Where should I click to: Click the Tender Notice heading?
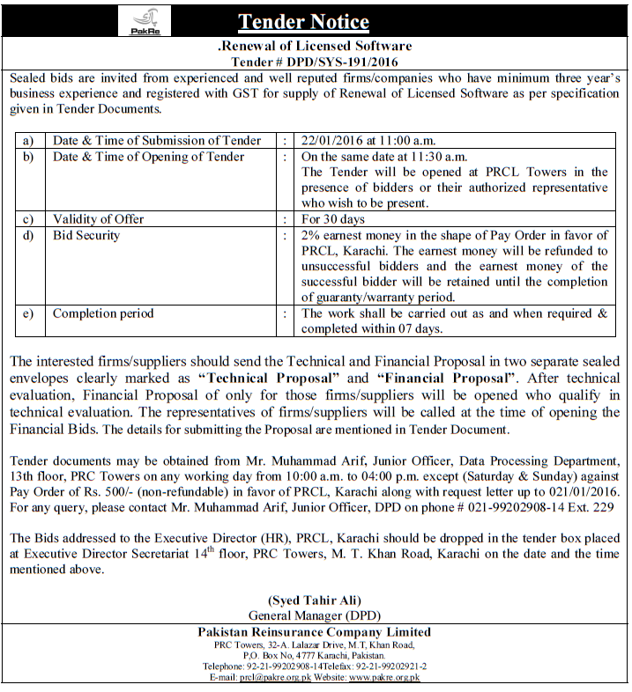pyautogui.click(x=302, y=21)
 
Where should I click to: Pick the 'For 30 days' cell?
pyautogui.click(x=333, y=219)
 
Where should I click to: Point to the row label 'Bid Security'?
pyautogui.click(x=86, y=235)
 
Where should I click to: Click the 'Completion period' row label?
pyautogui.click(x=103, y=313)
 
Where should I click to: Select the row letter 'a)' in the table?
pyautogui.click(x=29, y=140)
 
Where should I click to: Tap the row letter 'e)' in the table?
pyautogui.click(x=29, y=313)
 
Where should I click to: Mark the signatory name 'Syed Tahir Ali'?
pyautogui.click(x=315, y=600)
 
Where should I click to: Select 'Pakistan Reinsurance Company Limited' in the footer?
pyautogui.click(x=315, y=632)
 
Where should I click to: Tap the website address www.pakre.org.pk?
pyautogui.click(x=384, y=677)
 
